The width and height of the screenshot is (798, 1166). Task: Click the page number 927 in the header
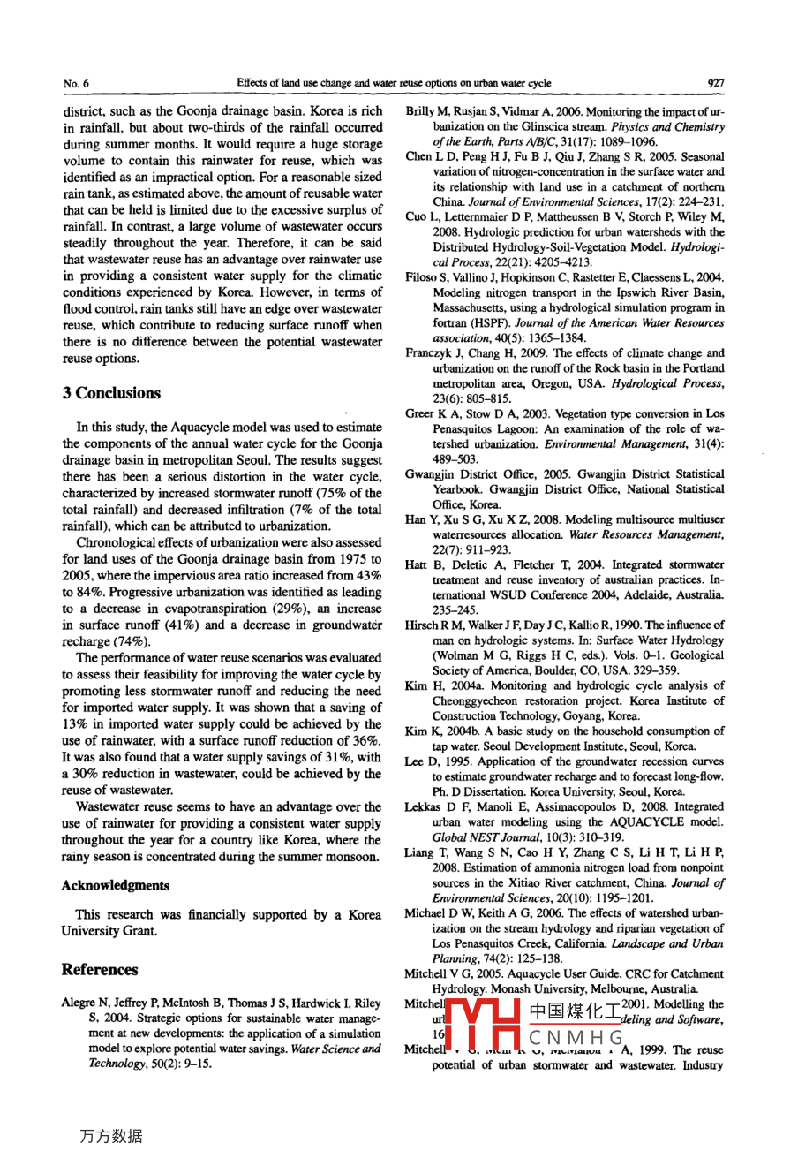[715, 83]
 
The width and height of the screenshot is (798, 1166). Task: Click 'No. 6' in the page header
[76, 84]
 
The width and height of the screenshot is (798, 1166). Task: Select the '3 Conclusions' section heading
[111, 393]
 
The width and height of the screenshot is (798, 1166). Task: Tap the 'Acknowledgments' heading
[116, 885]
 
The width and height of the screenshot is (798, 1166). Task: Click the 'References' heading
[100, 969]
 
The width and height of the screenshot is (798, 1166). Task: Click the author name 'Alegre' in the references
[78, 1003]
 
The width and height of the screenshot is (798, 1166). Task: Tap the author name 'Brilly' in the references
[421, 112]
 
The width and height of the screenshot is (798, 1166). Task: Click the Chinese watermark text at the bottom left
[110, 1137]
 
